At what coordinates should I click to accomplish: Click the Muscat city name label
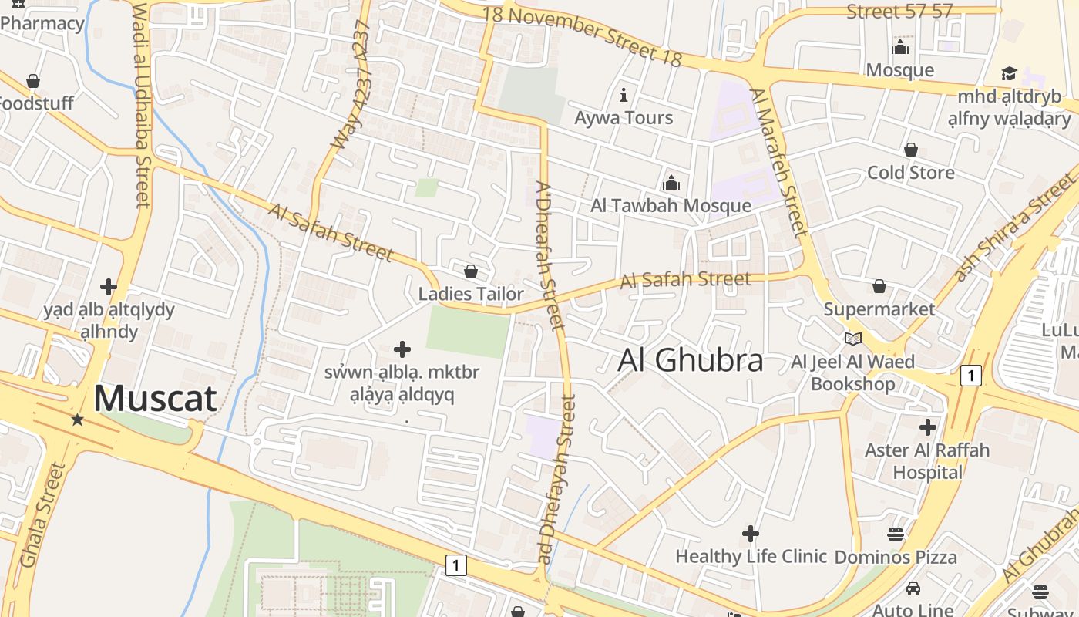coord(155,399)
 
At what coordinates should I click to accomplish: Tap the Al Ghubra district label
coord(691,360)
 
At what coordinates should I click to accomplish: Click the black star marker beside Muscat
coord(77,420)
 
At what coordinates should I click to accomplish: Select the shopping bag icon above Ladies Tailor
coord(471,271)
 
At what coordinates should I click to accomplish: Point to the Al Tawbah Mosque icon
coord(671,183)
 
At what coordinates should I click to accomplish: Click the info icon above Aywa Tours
coord(624,95)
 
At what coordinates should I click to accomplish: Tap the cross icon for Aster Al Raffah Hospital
coord(928,427)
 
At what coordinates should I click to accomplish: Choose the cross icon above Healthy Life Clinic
coord(750,534)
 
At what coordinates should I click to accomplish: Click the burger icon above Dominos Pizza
coord(895,534)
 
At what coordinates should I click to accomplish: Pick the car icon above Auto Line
coord(913,588)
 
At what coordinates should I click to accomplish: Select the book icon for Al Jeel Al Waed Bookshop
coord(852,339)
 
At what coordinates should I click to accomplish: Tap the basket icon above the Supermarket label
coord(879,287)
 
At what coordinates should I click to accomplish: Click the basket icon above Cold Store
coord(911,150)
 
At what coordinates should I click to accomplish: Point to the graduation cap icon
coord(1009,73)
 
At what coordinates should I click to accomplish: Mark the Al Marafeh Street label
coord(779,161)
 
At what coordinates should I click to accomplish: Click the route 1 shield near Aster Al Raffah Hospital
coord(971,376)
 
